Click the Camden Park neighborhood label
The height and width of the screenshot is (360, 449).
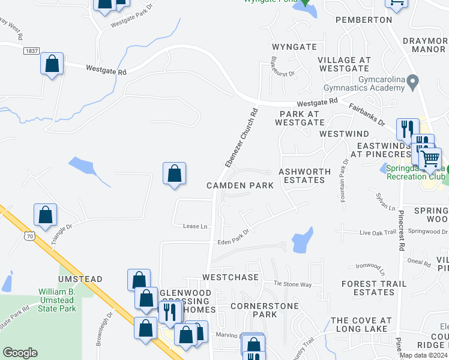tap(240, 185)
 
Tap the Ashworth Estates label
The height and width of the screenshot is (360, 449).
tap(305, 176)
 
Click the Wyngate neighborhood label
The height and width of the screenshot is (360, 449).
tap(294, 46)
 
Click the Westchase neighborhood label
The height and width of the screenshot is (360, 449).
tap(231, 277)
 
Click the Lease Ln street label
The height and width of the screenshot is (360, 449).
tap(195, 226)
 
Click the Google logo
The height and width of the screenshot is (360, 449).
tap(20, 353)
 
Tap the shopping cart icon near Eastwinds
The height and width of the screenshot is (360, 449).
tap(430, 159)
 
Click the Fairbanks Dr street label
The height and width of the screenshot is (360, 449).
tap(366, 114)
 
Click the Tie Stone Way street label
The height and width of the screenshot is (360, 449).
tap(293, 284)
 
